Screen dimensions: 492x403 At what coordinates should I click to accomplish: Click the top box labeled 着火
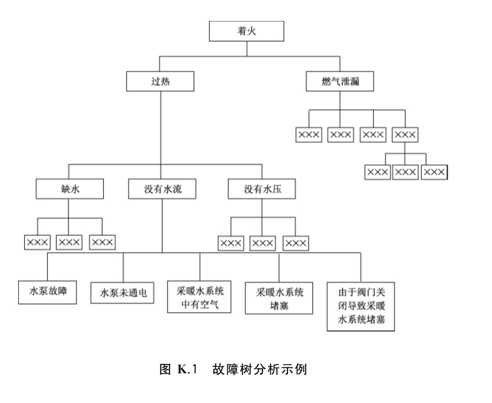coord(246,31)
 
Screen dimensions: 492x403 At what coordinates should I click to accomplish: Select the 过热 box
coord(161,82)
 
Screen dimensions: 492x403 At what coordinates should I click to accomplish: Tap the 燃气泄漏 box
coord(340,82)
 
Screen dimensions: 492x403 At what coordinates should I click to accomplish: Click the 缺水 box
coord(70,189)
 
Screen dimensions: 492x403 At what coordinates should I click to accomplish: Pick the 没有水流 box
coord(162,189)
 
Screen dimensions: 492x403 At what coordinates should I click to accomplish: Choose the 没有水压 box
coord(262,189)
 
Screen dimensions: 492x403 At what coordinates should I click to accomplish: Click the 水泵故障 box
coord(47,292)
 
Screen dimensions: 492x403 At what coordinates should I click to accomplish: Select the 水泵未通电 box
coord(122,292)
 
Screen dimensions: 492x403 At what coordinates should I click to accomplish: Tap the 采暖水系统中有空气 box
coord(199,297)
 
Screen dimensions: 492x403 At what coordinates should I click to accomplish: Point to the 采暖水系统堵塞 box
coord(279,298)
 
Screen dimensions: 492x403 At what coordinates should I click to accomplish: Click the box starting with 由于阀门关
coord(361,307)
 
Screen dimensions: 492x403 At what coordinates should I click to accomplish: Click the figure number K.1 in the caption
coord(188,369)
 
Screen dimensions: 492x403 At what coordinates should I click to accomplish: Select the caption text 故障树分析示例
coord(259,369)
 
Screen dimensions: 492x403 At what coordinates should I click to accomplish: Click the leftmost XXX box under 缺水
coord(37,242)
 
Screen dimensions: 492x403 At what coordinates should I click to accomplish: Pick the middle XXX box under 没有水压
coord(263,243)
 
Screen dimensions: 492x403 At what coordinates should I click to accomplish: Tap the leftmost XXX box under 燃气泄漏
coord(308,135)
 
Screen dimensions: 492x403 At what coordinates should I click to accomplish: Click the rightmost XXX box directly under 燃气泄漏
coord(405,135)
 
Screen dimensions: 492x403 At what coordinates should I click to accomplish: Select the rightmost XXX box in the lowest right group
coord(434,172)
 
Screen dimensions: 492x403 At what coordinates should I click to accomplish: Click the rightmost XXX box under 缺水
coord(103,242)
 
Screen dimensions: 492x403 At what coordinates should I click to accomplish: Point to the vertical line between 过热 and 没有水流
coord(161,135)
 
